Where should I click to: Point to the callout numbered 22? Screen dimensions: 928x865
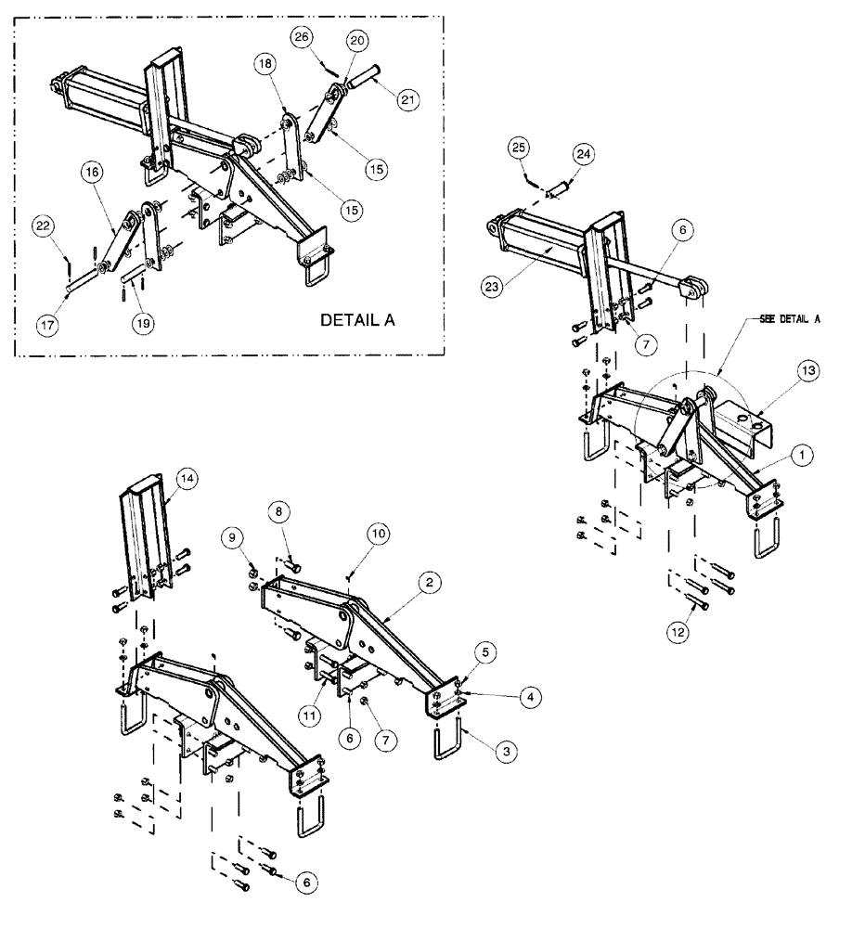(x=43, y=226)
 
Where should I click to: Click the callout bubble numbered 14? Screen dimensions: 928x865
(x=187, y=479)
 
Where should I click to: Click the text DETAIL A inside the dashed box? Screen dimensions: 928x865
(x=357, y=320)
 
